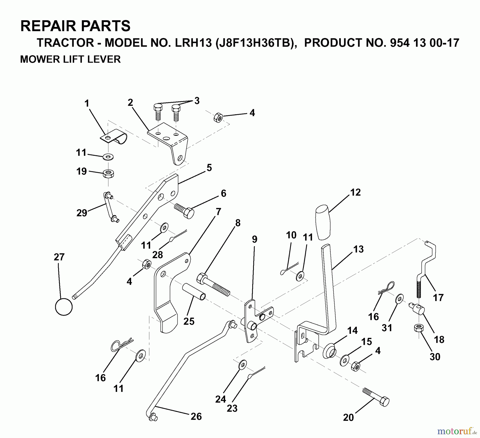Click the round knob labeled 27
(64, 307)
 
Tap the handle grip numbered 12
(323, 222)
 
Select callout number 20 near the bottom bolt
(348, 417)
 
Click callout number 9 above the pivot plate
(255, 239)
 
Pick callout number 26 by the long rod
(196, 416)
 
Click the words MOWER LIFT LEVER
(70, 59)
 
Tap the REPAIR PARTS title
(75, 26)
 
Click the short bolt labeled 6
(185, 210)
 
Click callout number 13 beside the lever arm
(358, 249)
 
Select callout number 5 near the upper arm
(209, 168)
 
